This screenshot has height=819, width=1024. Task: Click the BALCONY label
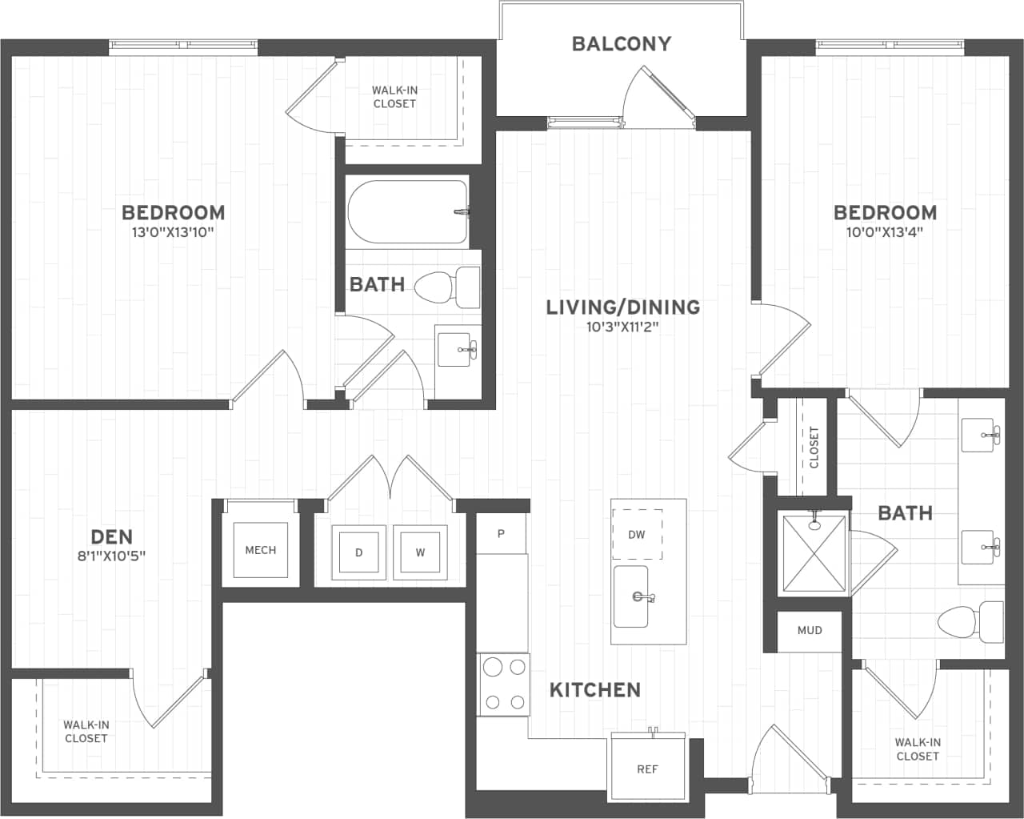(622, 44)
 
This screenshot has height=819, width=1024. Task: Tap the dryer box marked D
(358, 552)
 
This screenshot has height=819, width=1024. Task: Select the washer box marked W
(420, 552)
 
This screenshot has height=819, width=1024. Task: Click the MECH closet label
(260, 550)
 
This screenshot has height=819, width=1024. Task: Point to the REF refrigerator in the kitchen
(647, 769)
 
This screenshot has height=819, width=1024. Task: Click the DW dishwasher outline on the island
(637, 534)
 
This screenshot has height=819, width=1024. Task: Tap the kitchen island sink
(631, 596)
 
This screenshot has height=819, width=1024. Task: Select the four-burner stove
(504, 685)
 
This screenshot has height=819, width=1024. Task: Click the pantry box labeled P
(501, 533)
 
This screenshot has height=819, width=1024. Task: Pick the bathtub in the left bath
(407, 211)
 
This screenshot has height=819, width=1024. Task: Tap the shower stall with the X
(814, 554)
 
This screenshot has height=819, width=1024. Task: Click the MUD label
(810, 630)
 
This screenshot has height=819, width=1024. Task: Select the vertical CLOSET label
(814, 447)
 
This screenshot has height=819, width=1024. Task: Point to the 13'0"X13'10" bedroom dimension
(173, 232)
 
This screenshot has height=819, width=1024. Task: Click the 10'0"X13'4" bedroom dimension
(885, 232)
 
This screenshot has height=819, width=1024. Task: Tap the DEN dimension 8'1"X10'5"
(111, 556)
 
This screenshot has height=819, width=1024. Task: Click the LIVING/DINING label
(622, 307)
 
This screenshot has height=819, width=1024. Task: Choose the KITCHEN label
(594, 689)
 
